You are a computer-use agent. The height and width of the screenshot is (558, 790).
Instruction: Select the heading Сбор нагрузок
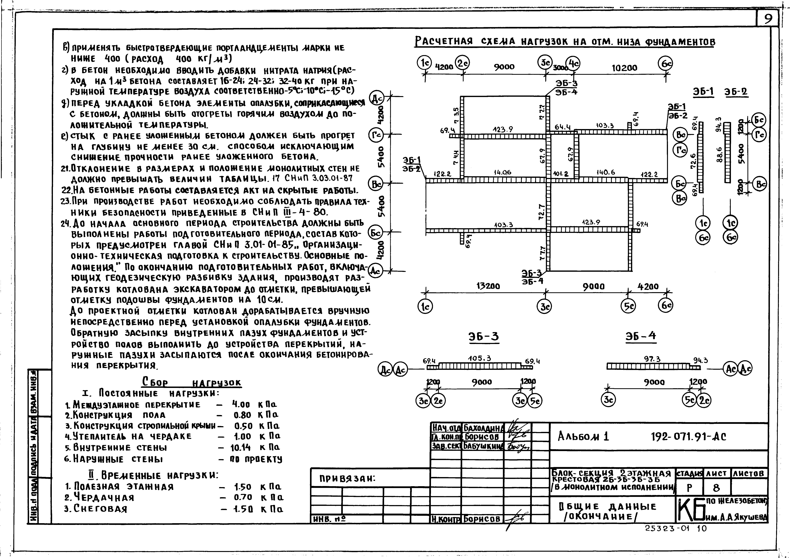pyautogui.click(x=192, y=382)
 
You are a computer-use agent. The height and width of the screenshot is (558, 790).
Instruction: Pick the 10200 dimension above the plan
pyautogui.click(x=624, y=68)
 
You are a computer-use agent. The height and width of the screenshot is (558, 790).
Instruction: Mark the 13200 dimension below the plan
pyautogui.click(x=488, y=286)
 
